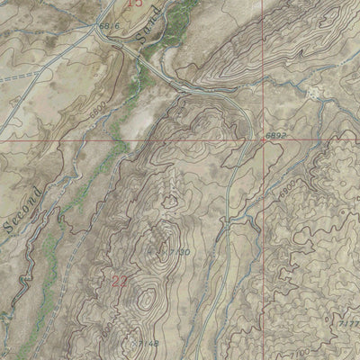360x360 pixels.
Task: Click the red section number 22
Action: point(120,281)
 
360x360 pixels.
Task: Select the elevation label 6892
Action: point(280,135)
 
